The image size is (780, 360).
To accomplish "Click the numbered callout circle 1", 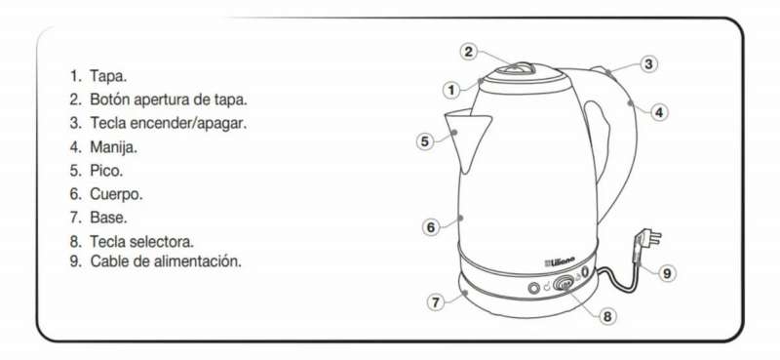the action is pos(451,90).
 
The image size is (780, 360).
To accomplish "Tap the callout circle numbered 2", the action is pos(469,52).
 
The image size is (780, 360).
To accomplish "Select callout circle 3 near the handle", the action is pos(647,63).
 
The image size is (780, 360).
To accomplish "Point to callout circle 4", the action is pos(659,112).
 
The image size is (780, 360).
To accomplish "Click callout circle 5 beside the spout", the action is pos(424,141).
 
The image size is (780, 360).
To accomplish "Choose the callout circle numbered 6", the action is pos(431,227).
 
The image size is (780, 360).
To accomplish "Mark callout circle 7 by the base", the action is pos(436,302).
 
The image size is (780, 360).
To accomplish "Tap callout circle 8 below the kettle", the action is pos(606,316).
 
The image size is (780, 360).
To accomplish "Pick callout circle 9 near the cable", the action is pos(667,273).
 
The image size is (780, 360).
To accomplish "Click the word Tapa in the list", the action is pos(108,77).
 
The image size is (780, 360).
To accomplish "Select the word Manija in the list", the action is pos(113,147).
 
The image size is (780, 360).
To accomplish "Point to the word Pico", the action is pos(106,171).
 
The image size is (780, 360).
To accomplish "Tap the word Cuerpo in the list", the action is pos(116,194).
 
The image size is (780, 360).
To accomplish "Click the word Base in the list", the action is pos(108,218).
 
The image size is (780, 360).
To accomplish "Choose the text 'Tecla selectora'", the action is pos(141,242).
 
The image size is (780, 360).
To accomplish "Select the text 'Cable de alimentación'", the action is pos(166,261).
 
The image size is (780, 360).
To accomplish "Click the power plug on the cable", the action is pos(647,241).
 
